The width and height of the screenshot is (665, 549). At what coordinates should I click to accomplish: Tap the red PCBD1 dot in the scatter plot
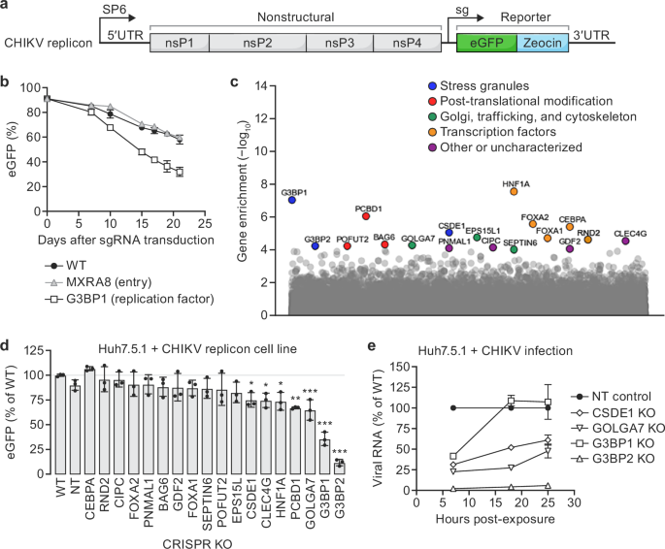pos(365,216)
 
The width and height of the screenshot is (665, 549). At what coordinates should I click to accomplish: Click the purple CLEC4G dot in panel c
pos(626,241)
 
